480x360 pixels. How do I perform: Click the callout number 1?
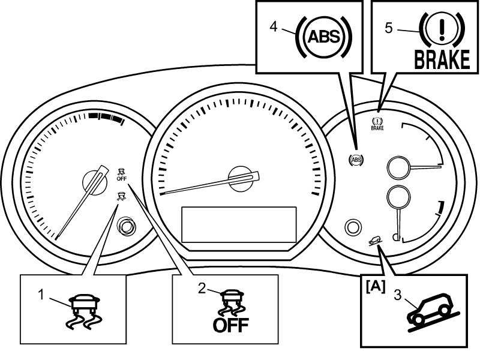41,294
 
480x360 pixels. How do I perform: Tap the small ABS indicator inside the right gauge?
356,160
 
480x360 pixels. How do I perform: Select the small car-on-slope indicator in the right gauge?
376,242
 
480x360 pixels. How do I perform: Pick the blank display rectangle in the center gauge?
239,224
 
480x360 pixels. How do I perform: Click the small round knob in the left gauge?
126,227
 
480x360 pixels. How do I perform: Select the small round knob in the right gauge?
353,226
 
